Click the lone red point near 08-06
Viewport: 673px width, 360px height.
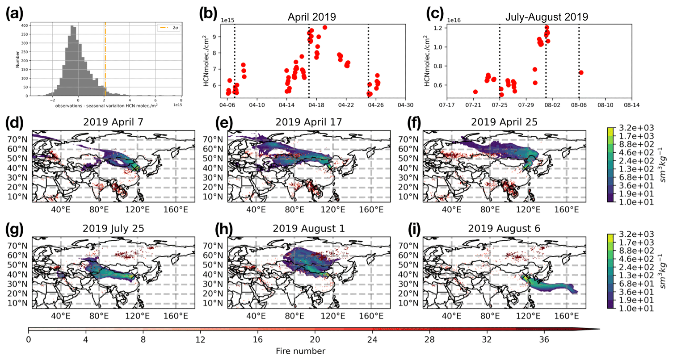(x=581, y=72)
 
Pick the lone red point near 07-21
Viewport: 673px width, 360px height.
(x=475, y=92)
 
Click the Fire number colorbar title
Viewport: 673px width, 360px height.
(x=297, y=351)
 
